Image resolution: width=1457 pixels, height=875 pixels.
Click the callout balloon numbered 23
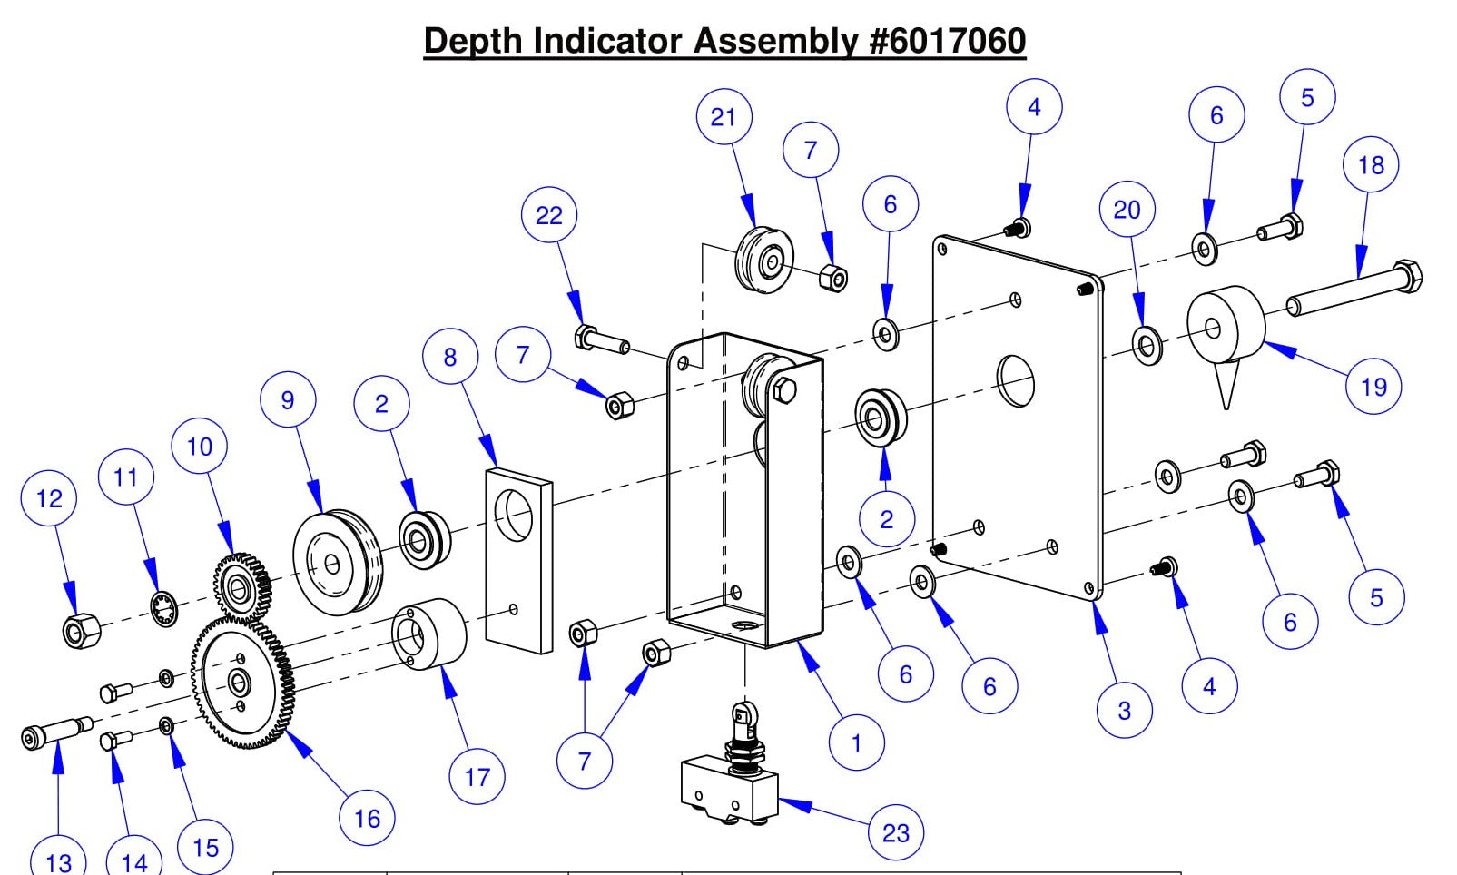[895, 832]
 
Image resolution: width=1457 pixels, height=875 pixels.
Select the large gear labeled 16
[241, 683]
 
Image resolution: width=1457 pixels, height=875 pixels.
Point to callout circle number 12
[49, 497]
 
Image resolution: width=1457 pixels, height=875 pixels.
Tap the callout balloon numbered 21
[724, 117]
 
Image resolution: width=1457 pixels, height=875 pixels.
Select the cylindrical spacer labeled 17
[428, 634]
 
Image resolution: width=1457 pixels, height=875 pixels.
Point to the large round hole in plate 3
[1015, 380]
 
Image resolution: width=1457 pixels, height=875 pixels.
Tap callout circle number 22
[548, 215]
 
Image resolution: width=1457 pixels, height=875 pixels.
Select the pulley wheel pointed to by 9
[337, 563]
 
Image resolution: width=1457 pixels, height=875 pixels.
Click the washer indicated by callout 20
[1147, 346]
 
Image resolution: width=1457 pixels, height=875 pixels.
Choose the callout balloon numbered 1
[855, 743]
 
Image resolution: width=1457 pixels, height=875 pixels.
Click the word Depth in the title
[474, 41]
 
